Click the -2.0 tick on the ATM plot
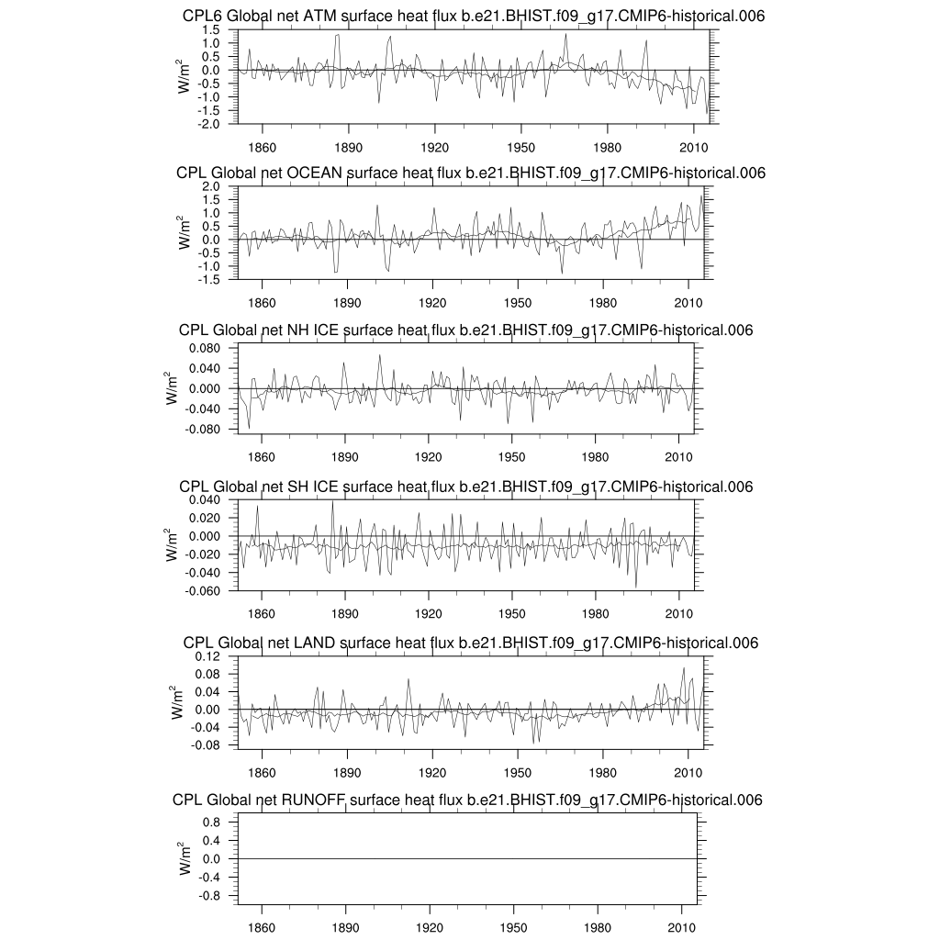click(210, 124)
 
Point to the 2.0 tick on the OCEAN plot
click(212, 186)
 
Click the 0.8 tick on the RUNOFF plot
click(212, 822)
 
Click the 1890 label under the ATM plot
click(349, 147)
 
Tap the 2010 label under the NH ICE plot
click(678, 456)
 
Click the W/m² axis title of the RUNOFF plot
click(185, 858)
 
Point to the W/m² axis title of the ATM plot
click(185, 76)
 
